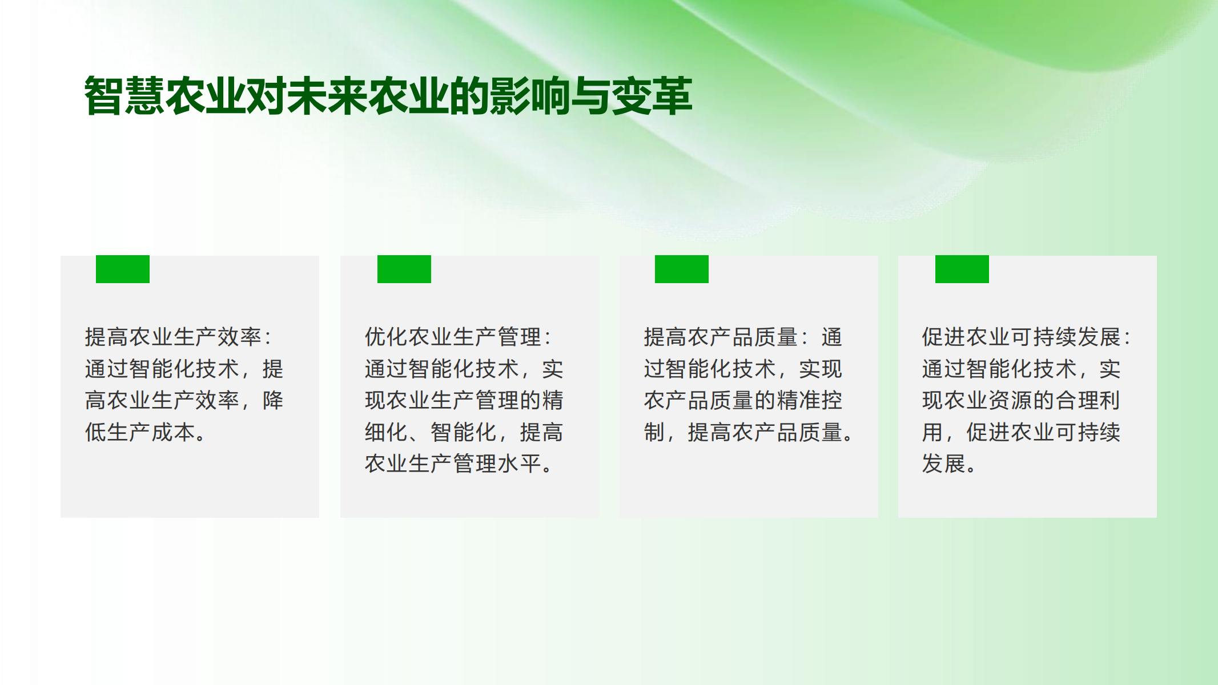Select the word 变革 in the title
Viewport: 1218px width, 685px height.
pos(652,96)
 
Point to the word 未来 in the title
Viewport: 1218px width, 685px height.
pos(328,96)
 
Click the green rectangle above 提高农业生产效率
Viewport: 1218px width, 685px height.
pos(123,269)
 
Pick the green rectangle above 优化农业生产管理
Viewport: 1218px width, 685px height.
pos(404,269)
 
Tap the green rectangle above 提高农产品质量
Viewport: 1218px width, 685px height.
pos(682,269)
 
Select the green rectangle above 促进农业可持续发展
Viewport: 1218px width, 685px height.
pos(962,269)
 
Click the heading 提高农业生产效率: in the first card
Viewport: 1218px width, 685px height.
pos(178,337)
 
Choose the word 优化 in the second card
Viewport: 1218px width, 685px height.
pos(387,337)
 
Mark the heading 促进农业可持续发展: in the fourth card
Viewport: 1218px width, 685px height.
pos(1026,337)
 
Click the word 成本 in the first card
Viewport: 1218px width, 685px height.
pos(173,432)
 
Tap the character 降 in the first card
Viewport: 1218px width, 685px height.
pos(273,400)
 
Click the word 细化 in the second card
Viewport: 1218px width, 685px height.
pos(387,432)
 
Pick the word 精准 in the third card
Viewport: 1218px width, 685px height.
pos(798,400)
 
